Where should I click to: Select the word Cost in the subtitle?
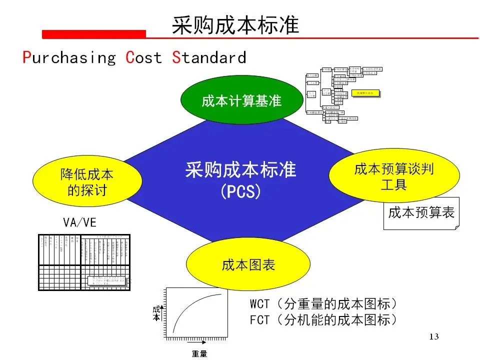(x=144, y=57)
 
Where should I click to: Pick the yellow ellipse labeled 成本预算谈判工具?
(x=393, y=177)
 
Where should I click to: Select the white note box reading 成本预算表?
(x=421, y=213)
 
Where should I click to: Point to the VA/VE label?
(x=80, y=223)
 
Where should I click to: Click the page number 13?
(x=433, y=336)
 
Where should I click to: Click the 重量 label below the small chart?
(x=199, y=354)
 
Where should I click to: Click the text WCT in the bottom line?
(x=260, y=304)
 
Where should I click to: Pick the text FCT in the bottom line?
(x=260, y=320)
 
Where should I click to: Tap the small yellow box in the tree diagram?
(x=365, y=92)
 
